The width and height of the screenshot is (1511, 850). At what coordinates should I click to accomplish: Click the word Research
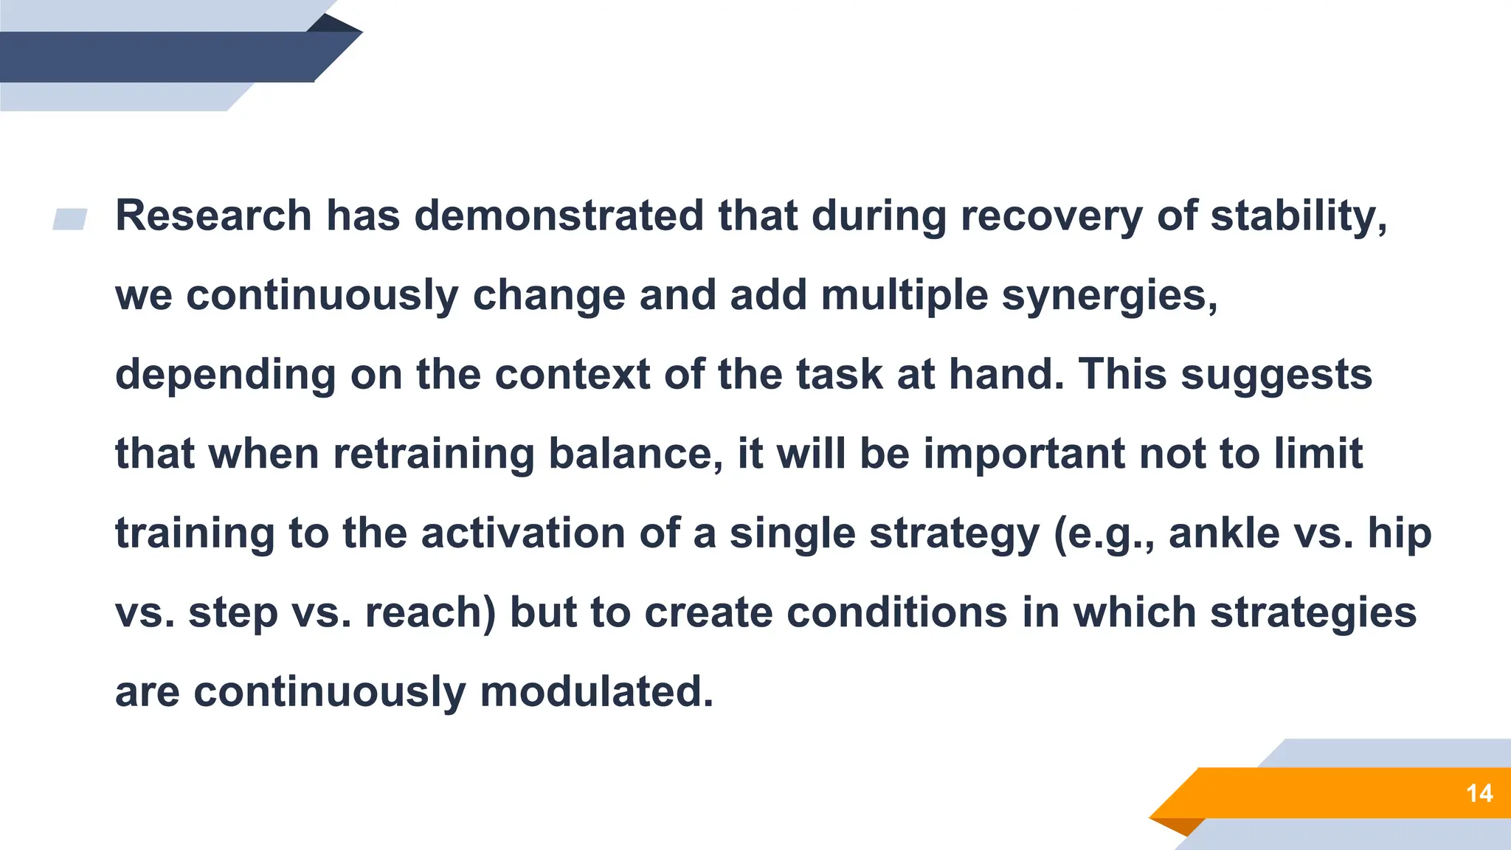coord(213,216)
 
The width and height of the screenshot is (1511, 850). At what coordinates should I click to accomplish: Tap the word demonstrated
coord(559,216)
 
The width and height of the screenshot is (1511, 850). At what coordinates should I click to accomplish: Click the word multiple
coord(904,296)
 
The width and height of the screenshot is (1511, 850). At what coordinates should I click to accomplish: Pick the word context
coord(572,375)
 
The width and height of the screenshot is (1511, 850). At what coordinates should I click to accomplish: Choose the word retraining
coord(433,454)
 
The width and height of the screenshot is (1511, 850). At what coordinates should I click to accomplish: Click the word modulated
coord(596,692)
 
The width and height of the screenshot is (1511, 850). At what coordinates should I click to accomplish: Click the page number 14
coord(1479,793)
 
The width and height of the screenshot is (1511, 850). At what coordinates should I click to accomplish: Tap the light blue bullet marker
coord(70,219)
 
